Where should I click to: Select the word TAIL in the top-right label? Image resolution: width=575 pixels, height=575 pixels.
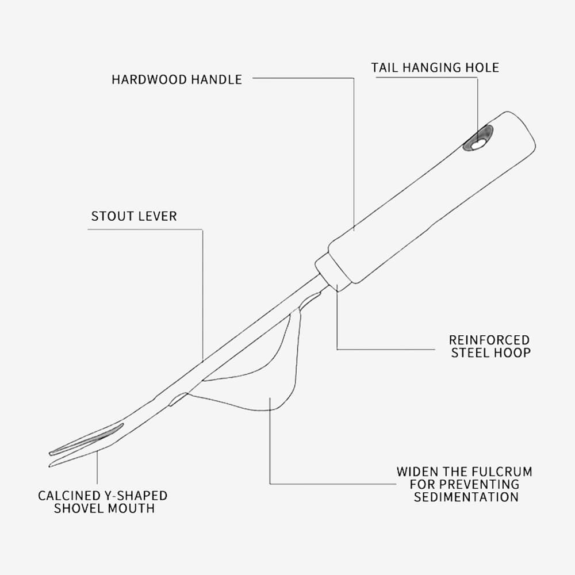tap(385, 67)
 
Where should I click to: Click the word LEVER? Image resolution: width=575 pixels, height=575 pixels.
tap(156, 217)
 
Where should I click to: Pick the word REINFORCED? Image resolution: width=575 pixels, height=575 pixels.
tap(489, 340)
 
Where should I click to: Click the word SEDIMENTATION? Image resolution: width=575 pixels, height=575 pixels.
tap(466, 497)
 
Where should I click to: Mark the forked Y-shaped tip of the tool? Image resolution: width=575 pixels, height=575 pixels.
tap(86, 446)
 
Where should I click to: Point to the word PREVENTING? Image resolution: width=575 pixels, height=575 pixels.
tap(482, 485)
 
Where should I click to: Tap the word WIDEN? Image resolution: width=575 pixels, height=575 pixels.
tap(415, 472)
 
